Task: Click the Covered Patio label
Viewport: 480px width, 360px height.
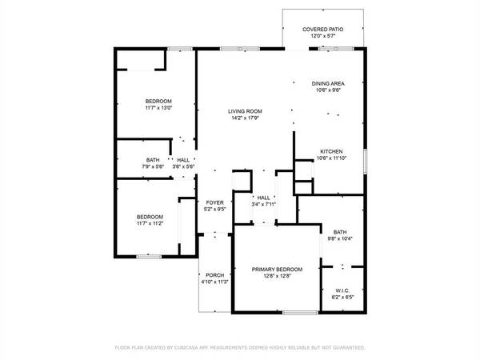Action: [323, 30]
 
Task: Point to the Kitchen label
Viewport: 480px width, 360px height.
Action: [332, 151]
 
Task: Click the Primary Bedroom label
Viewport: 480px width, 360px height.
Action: [272, 270]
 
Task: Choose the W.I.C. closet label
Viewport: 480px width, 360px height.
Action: [342, 290]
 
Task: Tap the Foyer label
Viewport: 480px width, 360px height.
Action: [214, 203]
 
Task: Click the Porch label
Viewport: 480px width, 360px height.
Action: [214, 275]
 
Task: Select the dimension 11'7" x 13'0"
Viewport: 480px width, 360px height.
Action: [158, 107]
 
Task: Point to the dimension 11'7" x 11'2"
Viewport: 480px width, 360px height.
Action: [150, 224]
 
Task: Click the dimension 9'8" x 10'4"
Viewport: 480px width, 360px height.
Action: [340, 238]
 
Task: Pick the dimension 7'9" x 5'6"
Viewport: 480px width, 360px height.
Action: [153, 166]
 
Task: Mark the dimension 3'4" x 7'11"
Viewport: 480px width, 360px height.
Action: [263, 204]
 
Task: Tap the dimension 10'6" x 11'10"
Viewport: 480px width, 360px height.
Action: [332, 158]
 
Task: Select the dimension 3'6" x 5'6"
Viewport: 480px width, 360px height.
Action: [183, 166]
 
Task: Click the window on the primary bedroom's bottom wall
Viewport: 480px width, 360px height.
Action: [297, 311]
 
